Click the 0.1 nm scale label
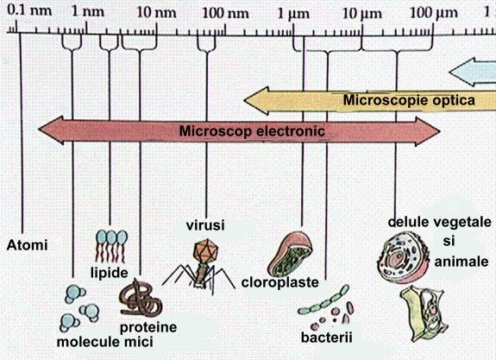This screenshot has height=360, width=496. tap(29, 10)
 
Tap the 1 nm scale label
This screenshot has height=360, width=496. tap(88, 11)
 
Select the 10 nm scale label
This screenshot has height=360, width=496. tap(157, 12)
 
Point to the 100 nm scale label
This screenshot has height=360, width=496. tap(225, 13)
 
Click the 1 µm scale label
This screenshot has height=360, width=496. tap(293, 15)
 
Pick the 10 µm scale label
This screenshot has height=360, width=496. tap(362, 14)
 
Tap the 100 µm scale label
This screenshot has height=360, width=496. tap(434, 13)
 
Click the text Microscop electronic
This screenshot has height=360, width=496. tap(252, 130)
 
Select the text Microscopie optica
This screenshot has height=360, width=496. tap(409, 100)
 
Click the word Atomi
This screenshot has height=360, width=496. tap(28, 245)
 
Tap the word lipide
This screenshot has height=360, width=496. tap(110, 273)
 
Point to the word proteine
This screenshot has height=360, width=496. tap(148, 327)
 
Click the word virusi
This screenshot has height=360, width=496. tap(205, 225)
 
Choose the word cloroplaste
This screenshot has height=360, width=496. tap(280, 282)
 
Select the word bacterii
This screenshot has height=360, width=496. tap(326, 338)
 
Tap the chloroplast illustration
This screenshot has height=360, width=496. tap(290, 254)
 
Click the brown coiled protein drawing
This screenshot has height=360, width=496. tap(141, 299)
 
